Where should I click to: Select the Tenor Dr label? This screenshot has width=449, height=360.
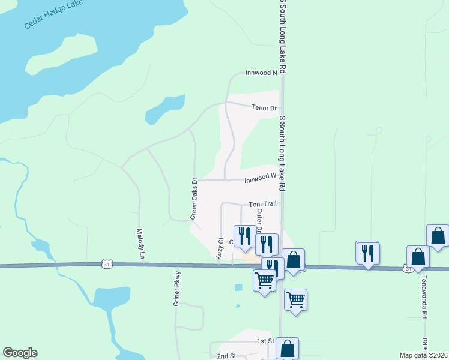(x=264, y=108)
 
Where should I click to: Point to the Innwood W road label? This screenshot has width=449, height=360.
(x=259, y=178)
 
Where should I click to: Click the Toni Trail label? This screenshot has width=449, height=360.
(x=262, y=204)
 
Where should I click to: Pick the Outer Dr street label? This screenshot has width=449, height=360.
(x=259, y=220)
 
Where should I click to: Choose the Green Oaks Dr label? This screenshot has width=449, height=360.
(x=194, y=198)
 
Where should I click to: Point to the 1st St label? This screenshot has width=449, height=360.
(x=265, y=341)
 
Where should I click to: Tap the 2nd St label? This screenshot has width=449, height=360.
(x=226, y=356)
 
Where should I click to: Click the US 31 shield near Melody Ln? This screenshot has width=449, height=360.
(x=106, y=263)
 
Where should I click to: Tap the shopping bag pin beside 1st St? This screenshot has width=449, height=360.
(x=287, y=348)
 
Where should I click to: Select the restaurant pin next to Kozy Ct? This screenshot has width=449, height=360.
(x=244, y=236)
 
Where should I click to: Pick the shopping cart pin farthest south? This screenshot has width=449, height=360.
(x=296, y=299)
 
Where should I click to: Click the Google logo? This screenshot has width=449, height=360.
(x=20, y=353)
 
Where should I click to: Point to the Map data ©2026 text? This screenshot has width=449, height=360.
(x=424, y=355)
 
